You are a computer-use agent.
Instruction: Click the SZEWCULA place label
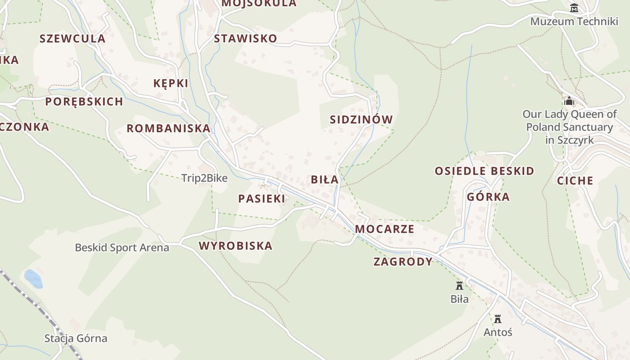[x=72, y=39]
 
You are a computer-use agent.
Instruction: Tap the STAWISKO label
[x=245, y=39]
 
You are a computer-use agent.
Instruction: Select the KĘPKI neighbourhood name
[x=171, y=83]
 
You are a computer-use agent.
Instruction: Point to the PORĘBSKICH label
[x=84, y=102]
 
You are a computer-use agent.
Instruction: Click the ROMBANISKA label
[x=168, y=129]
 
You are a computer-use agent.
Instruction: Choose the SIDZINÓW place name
[x=361, y=120]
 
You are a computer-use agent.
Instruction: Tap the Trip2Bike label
[x=204, y=178]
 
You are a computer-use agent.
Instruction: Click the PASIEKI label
[x=261, y=199]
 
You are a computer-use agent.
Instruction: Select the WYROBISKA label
[x=235, y=246]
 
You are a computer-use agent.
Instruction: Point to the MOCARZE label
[x=385, y=229]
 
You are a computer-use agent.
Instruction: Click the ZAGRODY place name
[x=403, y=262]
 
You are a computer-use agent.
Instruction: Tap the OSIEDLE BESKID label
[x=484, y=171]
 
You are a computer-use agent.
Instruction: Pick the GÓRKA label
[x=488, y=197]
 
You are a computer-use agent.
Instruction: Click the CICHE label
[x=575, y=181]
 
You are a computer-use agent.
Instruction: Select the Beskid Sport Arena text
[x=122, y=247]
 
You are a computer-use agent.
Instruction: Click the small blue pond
[x=33, y=279]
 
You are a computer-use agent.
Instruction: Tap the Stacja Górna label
[x=76, y=338]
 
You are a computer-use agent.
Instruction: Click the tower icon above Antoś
[x=498, y=319]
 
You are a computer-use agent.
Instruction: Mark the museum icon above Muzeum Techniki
[x=574, y=8]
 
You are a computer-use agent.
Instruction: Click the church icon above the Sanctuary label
[x=569, y=101]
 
